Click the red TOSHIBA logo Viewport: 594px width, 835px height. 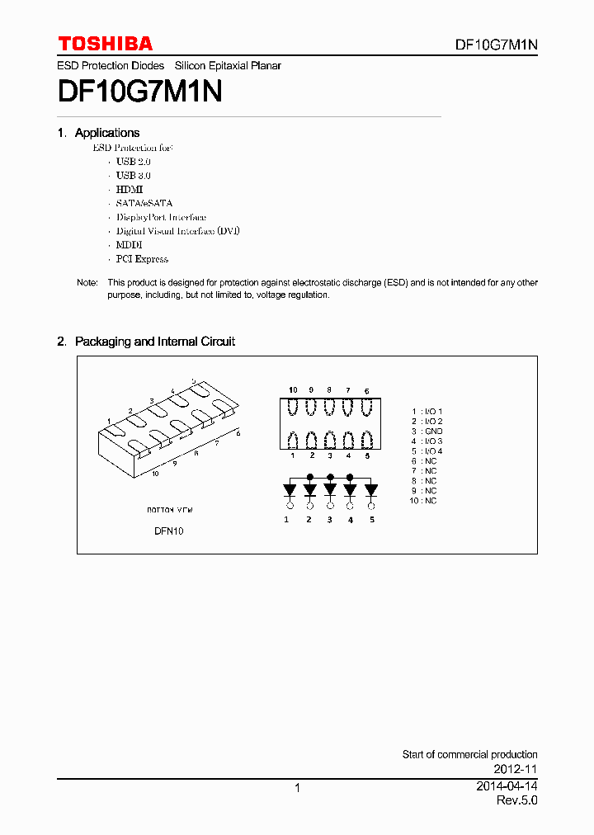pyautogui.click(x=105, y=44)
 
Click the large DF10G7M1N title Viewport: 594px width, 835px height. pyautogui.click(x=139, y=89)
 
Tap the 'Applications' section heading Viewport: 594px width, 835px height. pyautogui.click(x=106, y=133)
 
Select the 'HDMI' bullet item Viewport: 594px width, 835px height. pyautogui.click(x=130, y=189)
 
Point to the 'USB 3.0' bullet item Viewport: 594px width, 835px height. pyautogui.click(x=133, y=175)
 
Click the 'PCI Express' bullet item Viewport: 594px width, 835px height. pyautogui.click(x=142, y=259)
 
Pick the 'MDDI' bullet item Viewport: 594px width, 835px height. pyautogui.click(x=130, y=245)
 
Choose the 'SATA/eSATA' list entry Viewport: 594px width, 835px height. pyautogui.click(x=144, y=203)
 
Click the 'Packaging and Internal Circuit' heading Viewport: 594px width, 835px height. pyautogui.click(x=154, y=342)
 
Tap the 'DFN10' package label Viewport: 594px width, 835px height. pyautogui.click(x=168, y=531)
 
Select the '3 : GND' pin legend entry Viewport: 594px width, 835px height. pyautogui.click(x=427, y=432)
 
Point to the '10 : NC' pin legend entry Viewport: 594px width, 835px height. pyautogui.click(x=423, y=501)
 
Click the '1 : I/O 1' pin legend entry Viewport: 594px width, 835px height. pyautogui.click(x=427, y=411)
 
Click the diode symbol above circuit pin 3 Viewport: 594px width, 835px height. pyautogui.click(x=330, y=490)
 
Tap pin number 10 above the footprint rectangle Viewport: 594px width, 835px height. pyautogui.click(x=293, y=389)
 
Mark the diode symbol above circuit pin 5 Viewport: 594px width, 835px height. pyautogui.click(x=371, y=490)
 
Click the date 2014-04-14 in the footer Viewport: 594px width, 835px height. pyautogui.click(x=507, y=787)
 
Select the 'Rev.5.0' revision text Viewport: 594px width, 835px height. pyautogui.click(x=516, y=801)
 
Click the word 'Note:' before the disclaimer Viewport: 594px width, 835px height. pyautogui.click(x=87, y=282)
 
